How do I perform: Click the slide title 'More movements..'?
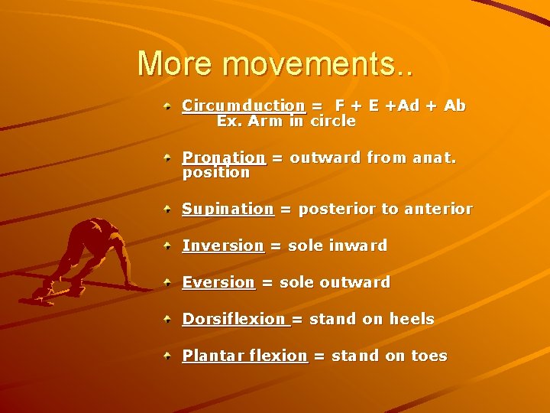click(276, 64)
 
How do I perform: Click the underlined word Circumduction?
click(243, 106)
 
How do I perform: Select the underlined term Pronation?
click(223, 158)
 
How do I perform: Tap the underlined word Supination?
click(228, 209)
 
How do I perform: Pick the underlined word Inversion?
click(222, 246)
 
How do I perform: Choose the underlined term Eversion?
click(218, 282)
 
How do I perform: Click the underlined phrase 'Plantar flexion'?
click(244, 356)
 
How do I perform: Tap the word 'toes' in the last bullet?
click(429, 356)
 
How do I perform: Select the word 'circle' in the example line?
click(332, 121)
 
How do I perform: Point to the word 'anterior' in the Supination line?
click(438, 209)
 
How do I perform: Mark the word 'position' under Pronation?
click(216, 173)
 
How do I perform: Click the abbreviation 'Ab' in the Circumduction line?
click(455, 106)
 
